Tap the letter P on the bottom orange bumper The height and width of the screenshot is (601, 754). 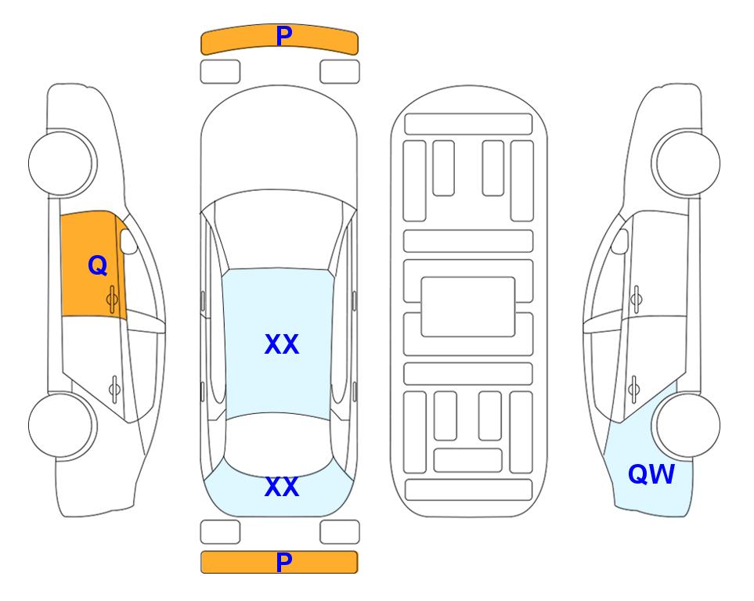[284, 562]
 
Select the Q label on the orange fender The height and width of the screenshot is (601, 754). [98, 265]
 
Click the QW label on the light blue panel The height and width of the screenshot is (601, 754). [651, 474]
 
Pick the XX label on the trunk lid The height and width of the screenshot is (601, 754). [282, 487]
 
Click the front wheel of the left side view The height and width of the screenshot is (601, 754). [63, 164]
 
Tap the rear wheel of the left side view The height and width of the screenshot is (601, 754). [63, 425]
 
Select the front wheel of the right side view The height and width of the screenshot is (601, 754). [686, 164]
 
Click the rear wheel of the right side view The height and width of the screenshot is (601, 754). [686, 425]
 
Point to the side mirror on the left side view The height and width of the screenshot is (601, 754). [128, 241]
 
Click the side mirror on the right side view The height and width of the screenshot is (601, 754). [620, 241]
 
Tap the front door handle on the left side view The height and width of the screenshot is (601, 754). [112, 299]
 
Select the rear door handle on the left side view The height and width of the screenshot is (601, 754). [114, 389]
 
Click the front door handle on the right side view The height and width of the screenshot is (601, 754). [636, 299]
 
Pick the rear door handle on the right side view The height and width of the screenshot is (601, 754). [633, 389]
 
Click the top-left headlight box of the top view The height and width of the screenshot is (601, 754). [220, 72]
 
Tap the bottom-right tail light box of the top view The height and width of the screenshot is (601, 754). [340, 532]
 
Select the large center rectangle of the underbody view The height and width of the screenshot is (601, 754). [468, 307]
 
